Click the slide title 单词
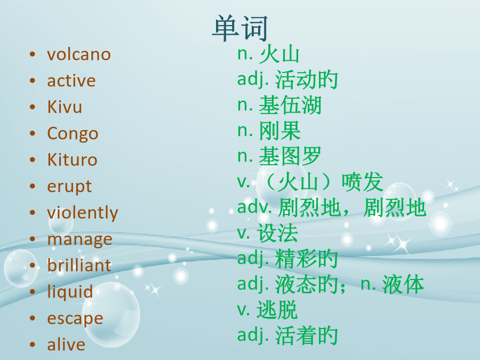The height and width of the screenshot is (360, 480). pos(239,28)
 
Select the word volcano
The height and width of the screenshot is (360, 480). pos(79,54)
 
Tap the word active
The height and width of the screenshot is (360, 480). pos(71,81)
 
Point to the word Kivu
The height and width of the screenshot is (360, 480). pos(65,107)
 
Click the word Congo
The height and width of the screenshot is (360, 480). pos(73,134)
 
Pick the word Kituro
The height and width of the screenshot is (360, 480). pos(72,160)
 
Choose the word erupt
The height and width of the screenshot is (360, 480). pos(69,187)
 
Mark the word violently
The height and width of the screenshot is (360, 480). pos(82,213)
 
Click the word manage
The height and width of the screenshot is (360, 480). pos(79,239)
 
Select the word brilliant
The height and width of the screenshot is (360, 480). pos(79,265)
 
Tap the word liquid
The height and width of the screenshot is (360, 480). pos(70,292)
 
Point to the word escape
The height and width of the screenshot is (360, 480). pos(75,318)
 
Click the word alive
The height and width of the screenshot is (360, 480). pos(66,345)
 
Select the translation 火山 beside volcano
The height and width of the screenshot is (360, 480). pos(279,54)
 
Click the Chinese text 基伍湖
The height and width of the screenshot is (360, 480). pos(290,105)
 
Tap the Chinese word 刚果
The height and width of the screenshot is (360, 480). pos(280,131)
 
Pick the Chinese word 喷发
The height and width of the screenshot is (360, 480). pos(363,182)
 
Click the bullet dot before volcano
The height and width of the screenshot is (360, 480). pos(33,54)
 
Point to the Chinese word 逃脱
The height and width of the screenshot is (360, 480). pos(277,310)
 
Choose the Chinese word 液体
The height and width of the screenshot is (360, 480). pos(403,284)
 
